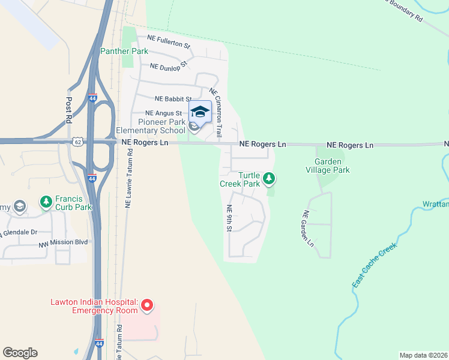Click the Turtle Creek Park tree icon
tap(270, 178)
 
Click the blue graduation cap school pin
tap(200, 112)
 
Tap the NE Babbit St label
tap(173, 99)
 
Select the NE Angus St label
tap(163, 113)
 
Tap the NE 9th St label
tap(229, 218)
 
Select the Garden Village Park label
tap(332, 166)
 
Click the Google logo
tap(20, 353)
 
